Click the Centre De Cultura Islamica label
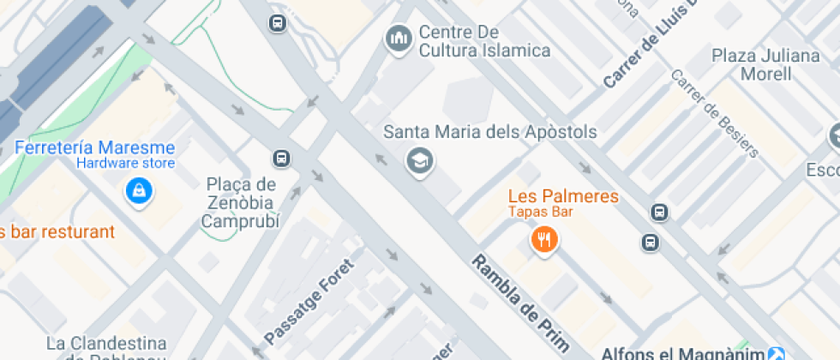pos(484,41)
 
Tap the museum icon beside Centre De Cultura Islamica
pos(398,39)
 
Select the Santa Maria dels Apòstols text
pos(489,133)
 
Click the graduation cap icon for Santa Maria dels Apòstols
pos(419,160)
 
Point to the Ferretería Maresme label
pos(95,147)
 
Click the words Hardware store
pos(125,163)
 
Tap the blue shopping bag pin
pos(138,191)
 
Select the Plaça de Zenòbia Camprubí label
pos(241,202)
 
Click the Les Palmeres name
pos(563,196)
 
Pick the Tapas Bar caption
pos(540,212)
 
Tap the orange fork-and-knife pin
pos(543,239)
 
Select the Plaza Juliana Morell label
pos(766,65)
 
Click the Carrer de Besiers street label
pos(716,114)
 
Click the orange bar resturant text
pos(57,231)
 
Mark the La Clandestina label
pos(104,345)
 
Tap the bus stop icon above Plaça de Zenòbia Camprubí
pos(280,158)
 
